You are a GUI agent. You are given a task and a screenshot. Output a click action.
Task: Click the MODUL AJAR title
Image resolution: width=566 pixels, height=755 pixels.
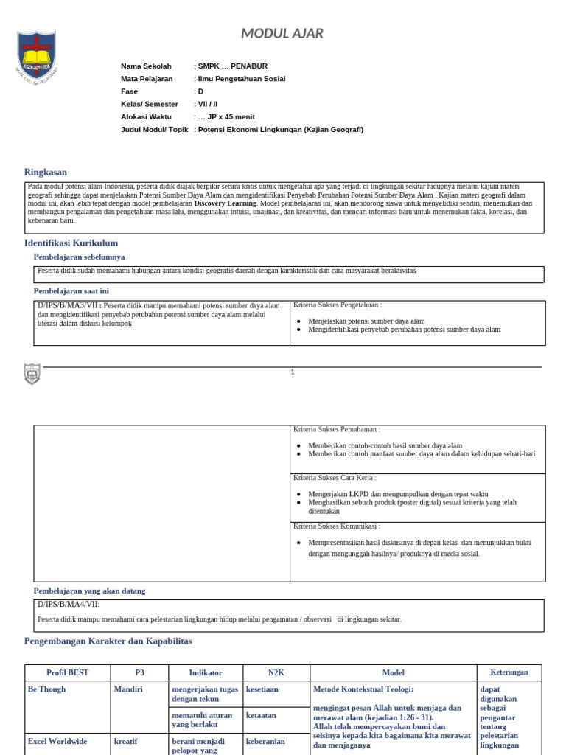click(x=282, y=33)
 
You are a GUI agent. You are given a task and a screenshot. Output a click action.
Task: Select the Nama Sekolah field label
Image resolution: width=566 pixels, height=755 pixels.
click(x=146, y=66)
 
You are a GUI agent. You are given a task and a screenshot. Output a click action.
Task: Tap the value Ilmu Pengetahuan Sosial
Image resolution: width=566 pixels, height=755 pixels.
click(x=241, y=79)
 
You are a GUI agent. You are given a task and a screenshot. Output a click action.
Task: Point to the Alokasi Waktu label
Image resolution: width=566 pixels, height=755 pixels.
click(x=146, y=116)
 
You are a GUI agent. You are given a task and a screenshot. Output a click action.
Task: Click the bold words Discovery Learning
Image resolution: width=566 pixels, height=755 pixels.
click(x=226, y=203)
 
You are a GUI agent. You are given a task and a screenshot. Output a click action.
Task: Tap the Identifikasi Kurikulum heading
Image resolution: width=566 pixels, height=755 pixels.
click(x=71, y=243)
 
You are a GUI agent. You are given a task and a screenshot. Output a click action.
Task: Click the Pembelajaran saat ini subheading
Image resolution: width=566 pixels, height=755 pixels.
click(x=71, y=291)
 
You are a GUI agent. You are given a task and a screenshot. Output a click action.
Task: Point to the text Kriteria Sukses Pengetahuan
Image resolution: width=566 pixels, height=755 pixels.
click(x=338, y=305)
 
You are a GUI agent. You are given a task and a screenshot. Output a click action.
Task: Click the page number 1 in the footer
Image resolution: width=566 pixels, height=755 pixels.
click(x=293, y=372)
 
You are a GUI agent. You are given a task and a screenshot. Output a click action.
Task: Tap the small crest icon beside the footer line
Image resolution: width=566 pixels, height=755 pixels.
click(x=32, y=374)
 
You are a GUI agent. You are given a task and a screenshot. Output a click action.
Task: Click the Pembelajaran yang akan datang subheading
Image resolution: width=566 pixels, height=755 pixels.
click(x=89, y=591)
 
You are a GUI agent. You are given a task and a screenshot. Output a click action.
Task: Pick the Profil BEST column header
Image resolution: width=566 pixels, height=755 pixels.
click(x=68, y=672)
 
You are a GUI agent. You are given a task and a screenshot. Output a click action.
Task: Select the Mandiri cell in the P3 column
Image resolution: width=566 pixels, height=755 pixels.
click(x=127, y=689)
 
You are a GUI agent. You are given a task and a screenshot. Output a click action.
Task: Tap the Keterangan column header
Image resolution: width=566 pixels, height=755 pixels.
click(x=509, y=672)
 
